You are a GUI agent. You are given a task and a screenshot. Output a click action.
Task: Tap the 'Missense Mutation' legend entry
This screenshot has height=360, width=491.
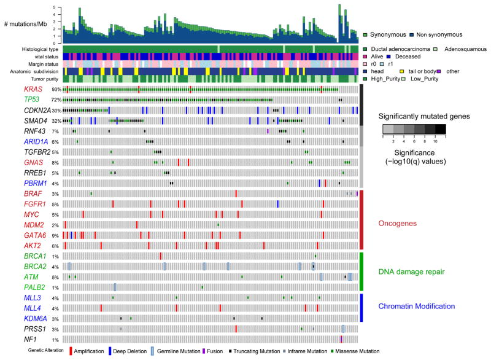pos(352,351)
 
